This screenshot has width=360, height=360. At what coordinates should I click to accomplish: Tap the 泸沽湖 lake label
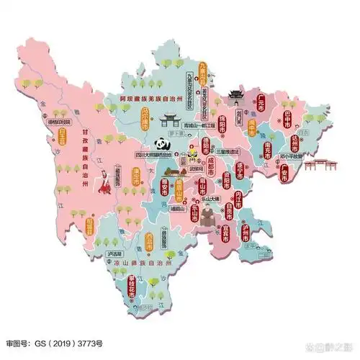(114, 254)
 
